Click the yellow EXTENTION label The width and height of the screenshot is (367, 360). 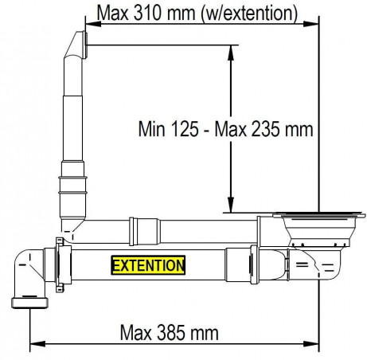148,265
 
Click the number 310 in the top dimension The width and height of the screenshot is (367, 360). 146,13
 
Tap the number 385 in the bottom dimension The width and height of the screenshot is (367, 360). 170,333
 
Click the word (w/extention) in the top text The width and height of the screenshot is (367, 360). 249,14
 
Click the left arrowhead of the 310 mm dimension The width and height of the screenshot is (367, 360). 93,24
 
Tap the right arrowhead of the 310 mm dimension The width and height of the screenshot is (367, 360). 310,24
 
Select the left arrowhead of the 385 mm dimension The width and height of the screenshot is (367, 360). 37,344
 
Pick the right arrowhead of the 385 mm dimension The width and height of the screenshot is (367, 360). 310,344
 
